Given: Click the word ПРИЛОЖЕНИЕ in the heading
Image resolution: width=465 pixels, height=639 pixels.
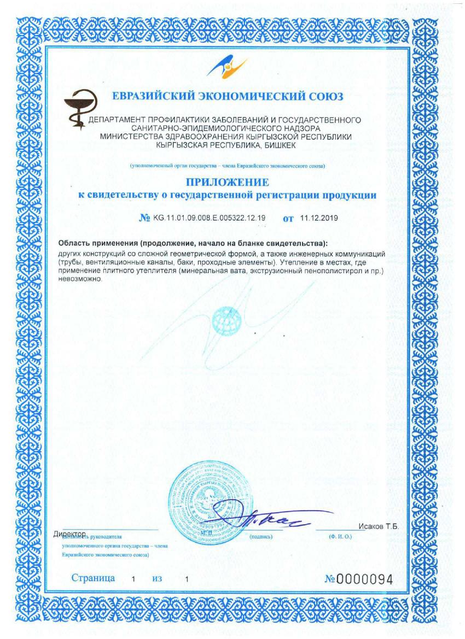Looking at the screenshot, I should click(x=227, y=182).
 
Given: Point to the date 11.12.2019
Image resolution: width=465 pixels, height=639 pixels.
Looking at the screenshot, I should click(x=319, y=218).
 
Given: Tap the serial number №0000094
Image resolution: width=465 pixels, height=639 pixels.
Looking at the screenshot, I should click(x=358, y=579).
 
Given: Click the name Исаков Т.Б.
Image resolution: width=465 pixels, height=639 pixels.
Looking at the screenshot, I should click(x=379, y=526).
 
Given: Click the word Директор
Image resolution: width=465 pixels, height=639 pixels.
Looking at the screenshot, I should click(x=71, y=534).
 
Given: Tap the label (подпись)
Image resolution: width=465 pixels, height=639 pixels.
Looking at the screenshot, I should click(x=261, y=537).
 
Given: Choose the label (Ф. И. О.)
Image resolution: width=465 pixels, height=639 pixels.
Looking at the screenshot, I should click(x=340, y=537).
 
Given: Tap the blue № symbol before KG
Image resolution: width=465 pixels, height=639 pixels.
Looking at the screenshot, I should click(x=145, y=219).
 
